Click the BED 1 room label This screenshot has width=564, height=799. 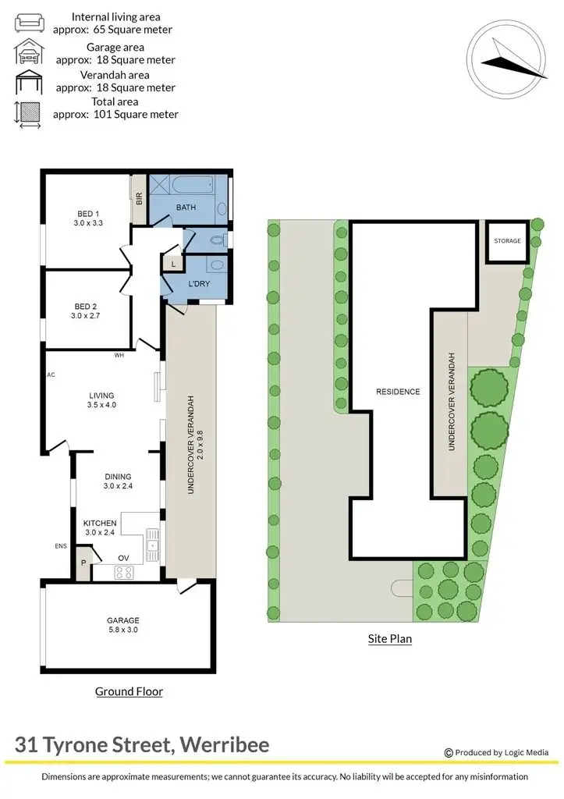(88, 214)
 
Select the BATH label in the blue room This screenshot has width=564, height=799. (186, 208)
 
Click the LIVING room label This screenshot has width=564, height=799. (101, 394)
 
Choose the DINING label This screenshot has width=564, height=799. (118, 476)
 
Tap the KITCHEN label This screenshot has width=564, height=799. (100, 523)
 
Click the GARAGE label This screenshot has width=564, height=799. (123, 621)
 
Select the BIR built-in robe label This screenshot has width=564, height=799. (139, 199)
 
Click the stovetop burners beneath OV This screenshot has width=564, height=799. (124, 572)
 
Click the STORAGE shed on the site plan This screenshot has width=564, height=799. (507, 241)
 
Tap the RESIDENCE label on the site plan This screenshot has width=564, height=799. (398, 392)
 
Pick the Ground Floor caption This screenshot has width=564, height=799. (129, 691)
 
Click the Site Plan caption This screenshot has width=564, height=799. (389, 639)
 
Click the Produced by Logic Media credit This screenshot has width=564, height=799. (500, 752)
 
